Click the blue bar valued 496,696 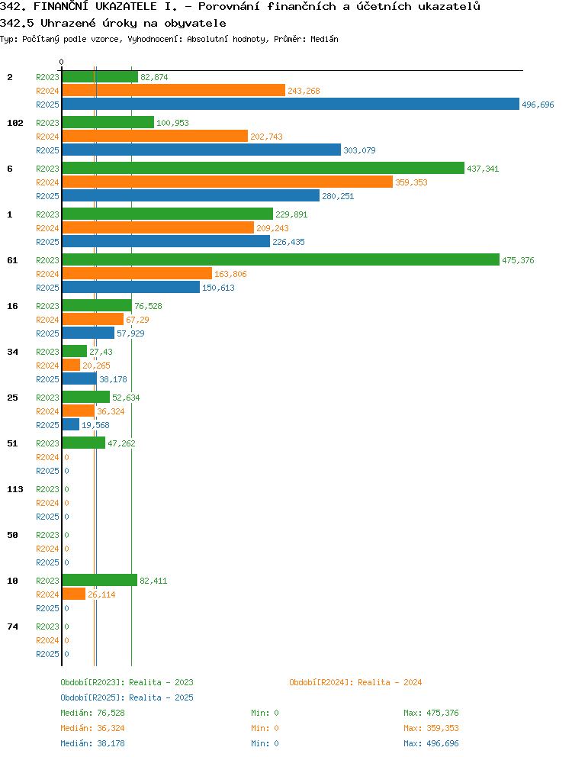tap(291, 105)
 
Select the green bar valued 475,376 tap(281, 259)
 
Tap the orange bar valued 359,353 tap(227, 182)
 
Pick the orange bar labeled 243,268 tap(174, 90)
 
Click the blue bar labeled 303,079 tap(201, 150)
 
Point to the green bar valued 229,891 tap(168, 214)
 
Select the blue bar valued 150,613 tap(131, 287)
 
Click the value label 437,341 tap(483, 169)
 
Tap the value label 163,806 tap(230, 274)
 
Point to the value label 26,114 tap(101, 594)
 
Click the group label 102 tap(15, 123)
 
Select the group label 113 tap(15, 489)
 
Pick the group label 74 tap(12, 627)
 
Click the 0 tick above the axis tap(61, 62)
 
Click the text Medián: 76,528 tap(92, 713)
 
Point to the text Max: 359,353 tap(431, 728)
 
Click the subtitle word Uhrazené tap(68, 23)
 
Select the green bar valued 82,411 tap(100, 580)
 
